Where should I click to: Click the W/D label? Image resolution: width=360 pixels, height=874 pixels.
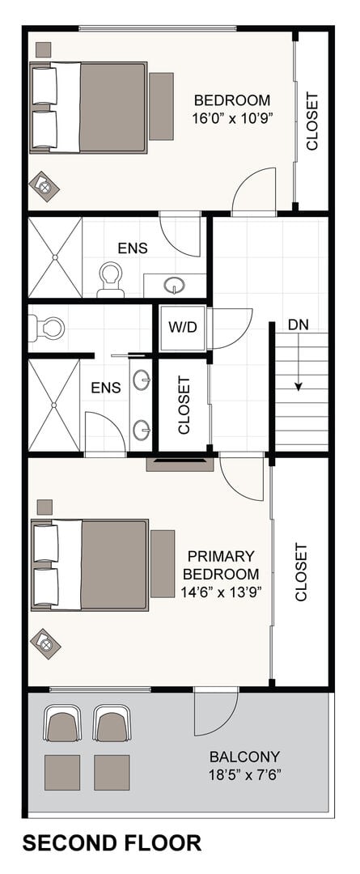(183, 327)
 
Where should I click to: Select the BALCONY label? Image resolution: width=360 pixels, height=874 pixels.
(244, 757)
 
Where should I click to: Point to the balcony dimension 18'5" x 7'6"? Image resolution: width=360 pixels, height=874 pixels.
(244, 774)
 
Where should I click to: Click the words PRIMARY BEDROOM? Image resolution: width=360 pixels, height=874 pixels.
(222, 565)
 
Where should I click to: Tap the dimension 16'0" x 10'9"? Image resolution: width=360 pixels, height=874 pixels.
(232, 119)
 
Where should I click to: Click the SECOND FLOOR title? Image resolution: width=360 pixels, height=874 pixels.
(112, 842)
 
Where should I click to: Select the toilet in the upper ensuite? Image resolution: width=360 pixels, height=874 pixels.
(110, 280)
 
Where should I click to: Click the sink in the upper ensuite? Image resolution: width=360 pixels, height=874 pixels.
(175, 286)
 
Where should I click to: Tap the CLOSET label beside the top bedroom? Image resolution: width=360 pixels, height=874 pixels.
(312, 121)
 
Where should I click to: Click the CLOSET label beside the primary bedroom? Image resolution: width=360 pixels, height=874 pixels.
(301, 572)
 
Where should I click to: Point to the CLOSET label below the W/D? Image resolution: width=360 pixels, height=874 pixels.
(184, 405)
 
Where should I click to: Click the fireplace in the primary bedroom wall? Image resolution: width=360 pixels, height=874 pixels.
(180, 464)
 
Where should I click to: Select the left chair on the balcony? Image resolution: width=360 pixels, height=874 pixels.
(62, 723)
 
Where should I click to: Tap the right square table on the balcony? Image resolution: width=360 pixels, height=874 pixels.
(112, 773)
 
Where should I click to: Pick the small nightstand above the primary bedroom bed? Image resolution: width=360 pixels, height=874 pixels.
(44, 507)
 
